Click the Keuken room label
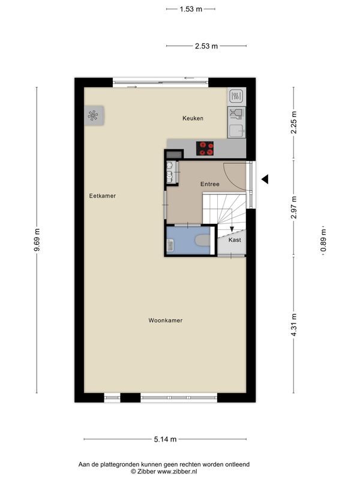[193, 118]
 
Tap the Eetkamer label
[103, 196]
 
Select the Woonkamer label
[166, 320]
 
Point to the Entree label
[210, 184]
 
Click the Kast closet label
[235, 240]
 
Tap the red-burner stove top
[205, 148]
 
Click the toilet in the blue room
[203, 240]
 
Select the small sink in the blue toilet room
[170, 245]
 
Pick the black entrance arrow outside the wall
[265, 179]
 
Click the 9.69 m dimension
[37, 241]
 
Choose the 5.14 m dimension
[166, 439]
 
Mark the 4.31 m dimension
[294, 325]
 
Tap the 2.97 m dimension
[294, 208]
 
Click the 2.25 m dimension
[294, 122]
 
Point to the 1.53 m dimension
[191, 9]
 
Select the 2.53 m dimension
[206, 46]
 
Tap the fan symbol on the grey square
[93, 116]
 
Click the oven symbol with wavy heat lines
[236, 96]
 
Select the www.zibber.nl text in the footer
[177, 472]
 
